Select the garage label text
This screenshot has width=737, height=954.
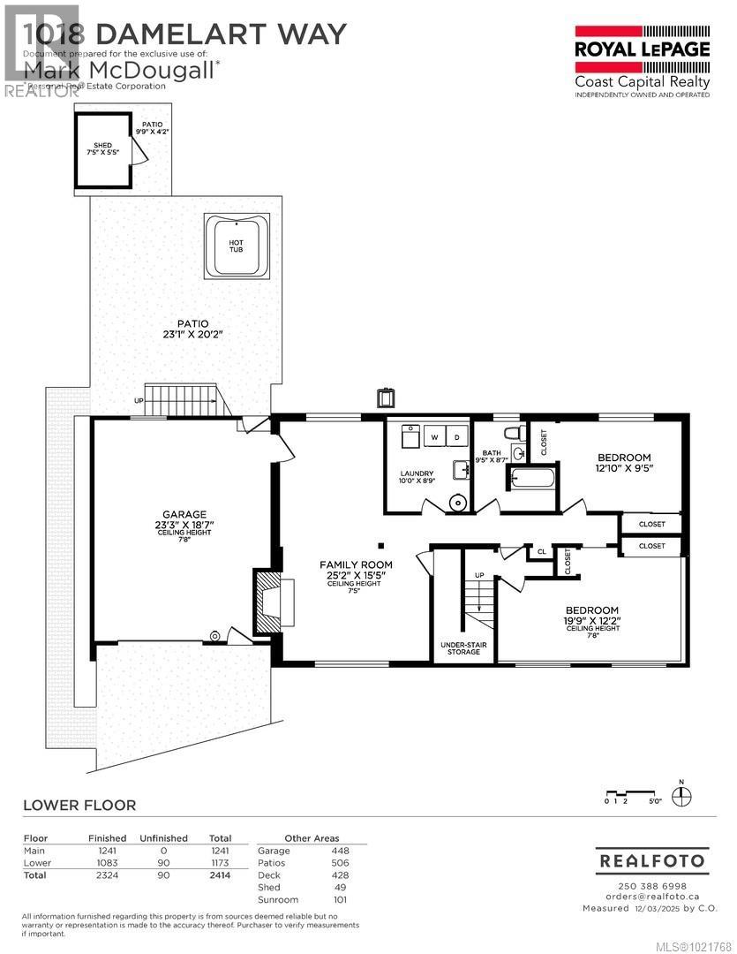[x=184, y=514]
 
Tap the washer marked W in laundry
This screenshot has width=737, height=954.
[x=434, y=436]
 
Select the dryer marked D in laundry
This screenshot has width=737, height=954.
[x=457, y=436]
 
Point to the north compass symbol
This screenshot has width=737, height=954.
[x=681, y=796]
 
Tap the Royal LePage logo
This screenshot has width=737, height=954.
[x=642, y=49]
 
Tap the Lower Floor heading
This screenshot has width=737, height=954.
[x=79, y=805]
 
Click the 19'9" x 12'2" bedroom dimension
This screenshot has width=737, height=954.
[x=592, y=621]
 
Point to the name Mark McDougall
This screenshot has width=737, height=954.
[x=119, y=70]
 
